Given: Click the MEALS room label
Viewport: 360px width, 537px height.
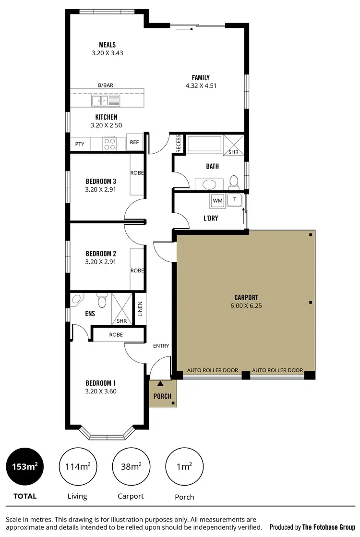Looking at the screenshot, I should (x=108, y=45).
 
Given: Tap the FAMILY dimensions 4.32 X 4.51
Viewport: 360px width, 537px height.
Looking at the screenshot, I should (x=201, y=86).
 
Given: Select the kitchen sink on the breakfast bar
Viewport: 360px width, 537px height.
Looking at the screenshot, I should (x=106, y=100).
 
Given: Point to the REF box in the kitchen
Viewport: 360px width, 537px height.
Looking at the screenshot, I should (x=134, y=143).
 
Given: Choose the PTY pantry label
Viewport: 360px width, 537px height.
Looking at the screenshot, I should (x=79, y=144).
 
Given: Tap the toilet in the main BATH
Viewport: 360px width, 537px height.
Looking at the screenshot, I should (x=234, y=182).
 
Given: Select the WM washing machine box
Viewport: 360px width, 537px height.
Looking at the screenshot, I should (x=217, y=200).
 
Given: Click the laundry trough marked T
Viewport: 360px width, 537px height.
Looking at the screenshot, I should (x=235, y=200).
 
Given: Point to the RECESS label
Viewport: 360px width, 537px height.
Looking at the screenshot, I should (x=179, y=144).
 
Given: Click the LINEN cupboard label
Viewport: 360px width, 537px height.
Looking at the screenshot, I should (x=140, y=308).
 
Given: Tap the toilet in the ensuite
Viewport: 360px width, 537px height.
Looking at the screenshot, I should (x=102, y=301).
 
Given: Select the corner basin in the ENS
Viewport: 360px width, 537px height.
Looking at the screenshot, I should (x=77, y=300).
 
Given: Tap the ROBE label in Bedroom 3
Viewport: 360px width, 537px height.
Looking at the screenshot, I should (x=137, y=173).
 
